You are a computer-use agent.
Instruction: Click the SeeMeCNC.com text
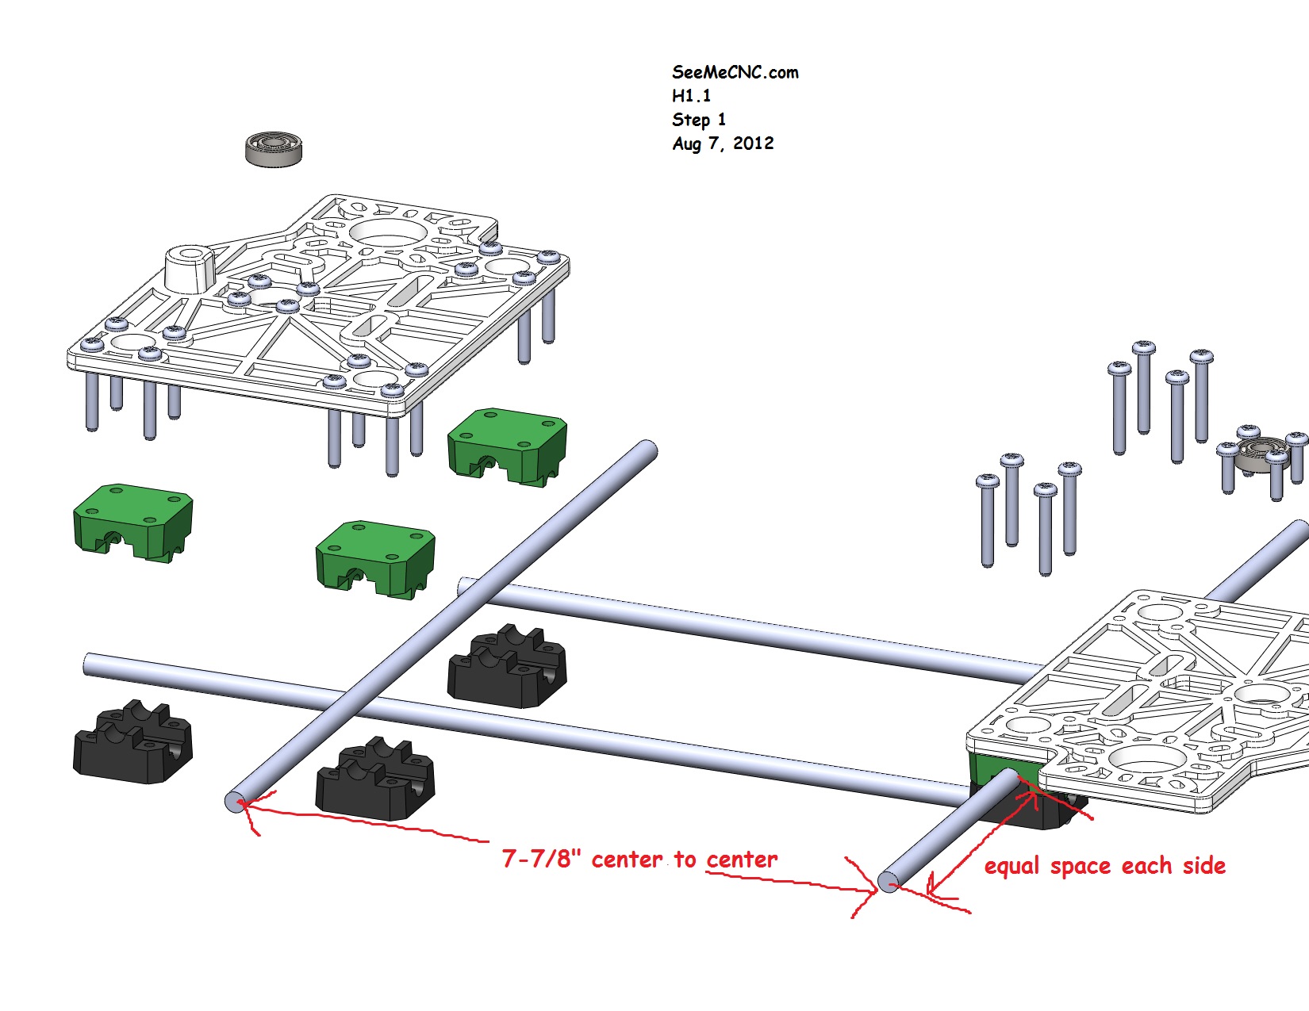click(x=735, y=72)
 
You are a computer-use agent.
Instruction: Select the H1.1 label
click(x=691, y=96)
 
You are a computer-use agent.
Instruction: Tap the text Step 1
click(x=698, y=120)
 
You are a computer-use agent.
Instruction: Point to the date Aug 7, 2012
click(x=723, y=144)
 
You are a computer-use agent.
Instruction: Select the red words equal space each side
click(x=1104, y=866)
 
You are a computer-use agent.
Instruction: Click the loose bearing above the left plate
click(x=274, y=148)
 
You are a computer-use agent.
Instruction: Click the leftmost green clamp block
click(x=132, y=523)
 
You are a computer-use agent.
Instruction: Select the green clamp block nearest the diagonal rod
click(x=507, y=446)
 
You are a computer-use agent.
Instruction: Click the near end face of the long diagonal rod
click(x=235, y=802)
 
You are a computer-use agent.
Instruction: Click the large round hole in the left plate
click(x=386, y=233)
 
